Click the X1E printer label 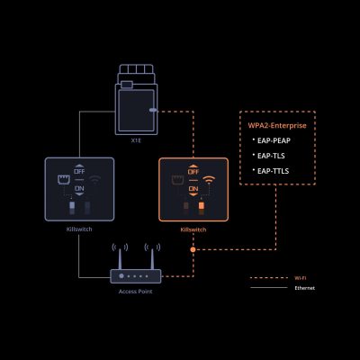point(136,140)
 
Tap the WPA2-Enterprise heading point(277,125)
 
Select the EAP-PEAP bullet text point(274,140)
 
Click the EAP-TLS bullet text point(271,156)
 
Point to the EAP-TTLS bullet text point(273,171)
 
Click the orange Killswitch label point(193,229)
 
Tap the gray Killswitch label point(79,229)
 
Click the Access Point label point(136,292)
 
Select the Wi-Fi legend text point(301,278)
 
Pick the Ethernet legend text point(305,288)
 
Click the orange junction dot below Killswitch point(193,249)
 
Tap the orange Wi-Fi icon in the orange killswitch point(209,180)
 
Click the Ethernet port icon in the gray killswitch point(64,180)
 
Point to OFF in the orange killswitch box point(193,172)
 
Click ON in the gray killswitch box point(79,188)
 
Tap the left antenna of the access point point(120,258)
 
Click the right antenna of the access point point(152,258)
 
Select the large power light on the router point(121,275)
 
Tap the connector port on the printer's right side point(153,110)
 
